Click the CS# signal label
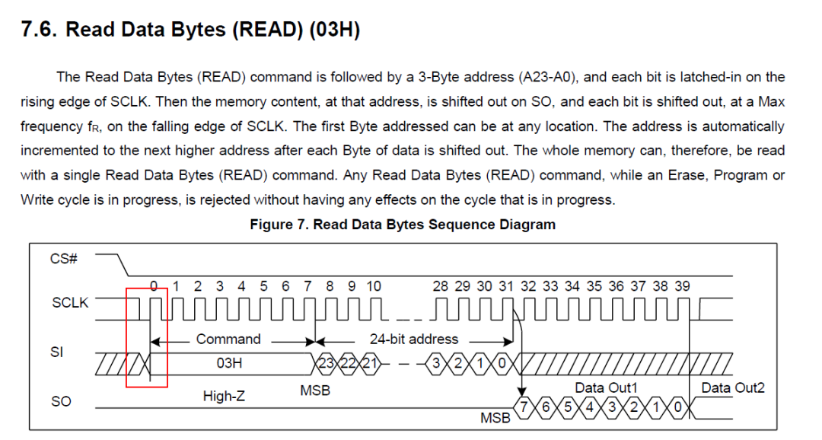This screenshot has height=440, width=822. point(63,259)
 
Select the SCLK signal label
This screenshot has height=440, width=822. point(70,303)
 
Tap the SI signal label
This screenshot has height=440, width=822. point(56,352)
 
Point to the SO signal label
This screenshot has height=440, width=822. point(61,401)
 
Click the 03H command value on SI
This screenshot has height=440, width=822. point(229,363)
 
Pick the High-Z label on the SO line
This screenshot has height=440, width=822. point(224,395)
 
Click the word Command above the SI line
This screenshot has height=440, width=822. point(228,339)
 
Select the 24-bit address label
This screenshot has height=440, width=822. point(413,339)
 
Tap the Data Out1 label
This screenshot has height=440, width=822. point(606,387)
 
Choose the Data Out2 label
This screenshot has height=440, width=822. point(733,387)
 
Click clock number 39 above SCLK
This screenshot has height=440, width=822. point(682,285)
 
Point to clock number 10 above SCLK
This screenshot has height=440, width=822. point(373,285)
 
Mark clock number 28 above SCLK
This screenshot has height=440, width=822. point(441,285)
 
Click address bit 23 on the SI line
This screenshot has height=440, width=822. point(326,363)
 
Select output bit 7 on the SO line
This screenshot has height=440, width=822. point(523,407)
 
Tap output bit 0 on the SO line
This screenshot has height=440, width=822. point(677,407)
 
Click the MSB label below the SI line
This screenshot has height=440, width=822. point(315,391)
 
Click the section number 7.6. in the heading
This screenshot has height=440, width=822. point(38,30)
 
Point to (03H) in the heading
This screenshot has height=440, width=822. point(334,30)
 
